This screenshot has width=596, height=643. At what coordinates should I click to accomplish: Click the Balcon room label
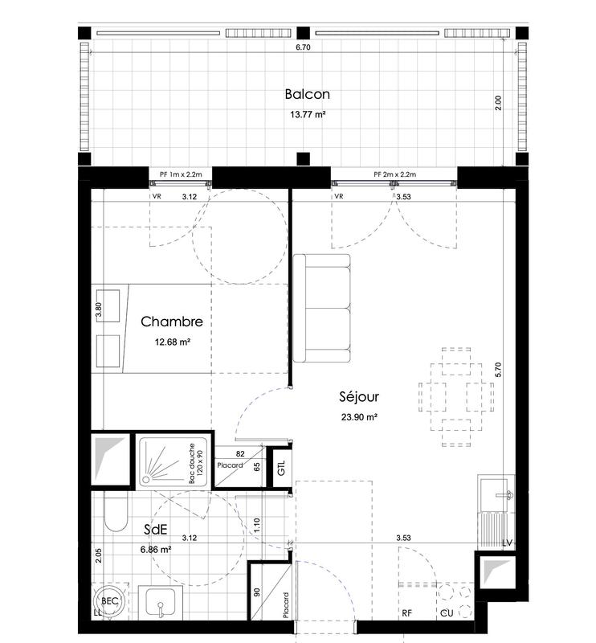(x=307, y=94)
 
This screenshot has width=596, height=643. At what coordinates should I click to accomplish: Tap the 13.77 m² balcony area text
(x=307, y=115)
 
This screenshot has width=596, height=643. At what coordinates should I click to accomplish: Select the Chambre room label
(x=171, y=321)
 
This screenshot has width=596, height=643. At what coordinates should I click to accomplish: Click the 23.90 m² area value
(x=359, y=416)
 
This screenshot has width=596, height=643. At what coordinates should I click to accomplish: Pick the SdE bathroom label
(x=155, y=530)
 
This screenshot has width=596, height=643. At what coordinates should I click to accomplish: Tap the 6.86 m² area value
(x=155, y=550)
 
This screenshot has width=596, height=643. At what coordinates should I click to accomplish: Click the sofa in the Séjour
(x=321, y=308)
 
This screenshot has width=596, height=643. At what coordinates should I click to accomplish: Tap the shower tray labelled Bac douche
(x=173, y=461)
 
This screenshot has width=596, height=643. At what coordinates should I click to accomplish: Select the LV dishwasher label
(x=506, y=543)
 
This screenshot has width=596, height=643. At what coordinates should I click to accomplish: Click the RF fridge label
(x=407, y=614)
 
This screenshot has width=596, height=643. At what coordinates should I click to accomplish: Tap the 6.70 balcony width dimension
(x=302, y=48)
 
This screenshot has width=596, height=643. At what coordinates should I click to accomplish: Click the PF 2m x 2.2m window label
(x=394, y=174)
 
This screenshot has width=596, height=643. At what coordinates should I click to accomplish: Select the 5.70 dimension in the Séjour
(x=498, y=370)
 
